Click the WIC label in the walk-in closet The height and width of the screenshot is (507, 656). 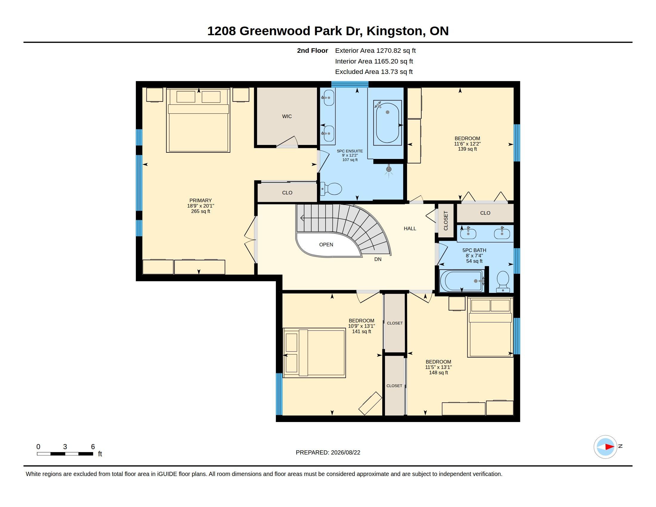tap(287, 116)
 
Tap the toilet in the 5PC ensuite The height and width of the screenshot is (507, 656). tap(331, 189)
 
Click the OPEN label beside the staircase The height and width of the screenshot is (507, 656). tap(326, 245)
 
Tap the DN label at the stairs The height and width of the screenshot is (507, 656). tap(377, 259)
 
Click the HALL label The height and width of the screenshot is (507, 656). tap(410, 228)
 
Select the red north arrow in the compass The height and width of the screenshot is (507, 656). tap(609, 447)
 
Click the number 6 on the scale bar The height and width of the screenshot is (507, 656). tap(93, 447)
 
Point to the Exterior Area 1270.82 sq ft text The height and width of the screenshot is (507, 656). tap(375, 50)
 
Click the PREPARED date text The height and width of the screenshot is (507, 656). tap(328, 452)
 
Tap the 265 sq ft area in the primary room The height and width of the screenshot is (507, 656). tap(200, 211)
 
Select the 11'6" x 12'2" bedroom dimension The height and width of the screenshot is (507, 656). tap(467, 143)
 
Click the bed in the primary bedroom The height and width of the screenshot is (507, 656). tap(198, 120)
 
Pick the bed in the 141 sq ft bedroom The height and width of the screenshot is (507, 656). tap(314, 353)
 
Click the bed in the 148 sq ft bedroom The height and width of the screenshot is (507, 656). tap(490, 327)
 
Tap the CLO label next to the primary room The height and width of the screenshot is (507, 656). tap(287, 193)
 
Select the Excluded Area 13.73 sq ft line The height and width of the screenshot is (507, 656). tap(374, 72)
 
